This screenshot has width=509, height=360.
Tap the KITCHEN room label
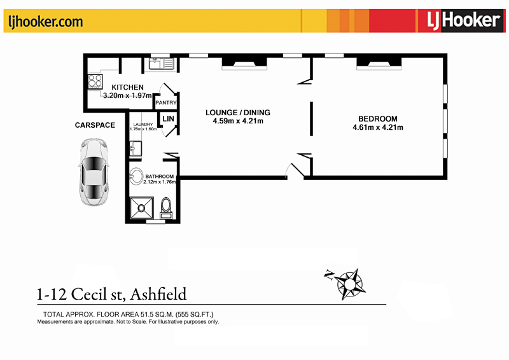pos(127,87)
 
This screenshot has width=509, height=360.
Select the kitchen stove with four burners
pos(95,81)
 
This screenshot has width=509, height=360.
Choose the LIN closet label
pos(168,119)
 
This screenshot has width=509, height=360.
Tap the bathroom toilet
pos(166,206)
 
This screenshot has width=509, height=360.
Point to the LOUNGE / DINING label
pos(238,113)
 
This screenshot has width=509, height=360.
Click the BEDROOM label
pos(377,119)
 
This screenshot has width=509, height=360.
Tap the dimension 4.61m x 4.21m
pos(377,128)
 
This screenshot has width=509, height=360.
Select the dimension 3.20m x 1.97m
pos(127,96)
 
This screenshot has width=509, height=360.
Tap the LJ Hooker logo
pos(462,20)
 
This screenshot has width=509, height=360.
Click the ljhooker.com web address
pos(45,22)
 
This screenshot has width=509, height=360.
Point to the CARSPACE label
pos(95,125)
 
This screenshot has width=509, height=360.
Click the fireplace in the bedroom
pos(379,62)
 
